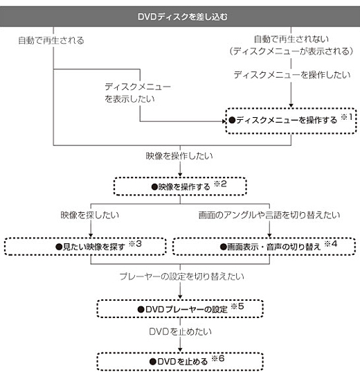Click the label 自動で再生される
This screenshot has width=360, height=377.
(51, 40)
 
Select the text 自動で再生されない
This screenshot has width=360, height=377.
(291, 39)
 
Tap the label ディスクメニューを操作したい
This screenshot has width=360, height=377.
(292, 75)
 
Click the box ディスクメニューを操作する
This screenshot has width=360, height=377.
(291, 121)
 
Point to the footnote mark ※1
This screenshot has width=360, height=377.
(347, 117)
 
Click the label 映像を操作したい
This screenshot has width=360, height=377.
(179, 156)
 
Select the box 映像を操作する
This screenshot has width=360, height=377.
(180, 186)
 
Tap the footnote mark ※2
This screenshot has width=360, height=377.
(220, 184)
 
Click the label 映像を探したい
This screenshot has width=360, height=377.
(89, 215)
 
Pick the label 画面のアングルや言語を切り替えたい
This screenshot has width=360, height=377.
(269, 215)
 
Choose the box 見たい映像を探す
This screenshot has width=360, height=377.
(85, 247)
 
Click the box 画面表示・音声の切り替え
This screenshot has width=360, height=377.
(264, 247)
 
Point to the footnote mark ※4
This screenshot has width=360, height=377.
(331, 244)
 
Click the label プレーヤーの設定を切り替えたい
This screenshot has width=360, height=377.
(182, 277)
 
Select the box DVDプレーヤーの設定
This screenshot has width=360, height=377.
(180, 308)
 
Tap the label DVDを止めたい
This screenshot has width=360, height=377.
(180, 332)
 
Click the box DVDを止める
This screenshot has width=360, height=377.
(180, 361)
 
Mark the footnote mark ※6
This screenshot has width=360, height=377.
(218, 358)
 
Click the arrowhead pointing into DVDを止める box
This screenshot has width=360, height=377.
(180, 350)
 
